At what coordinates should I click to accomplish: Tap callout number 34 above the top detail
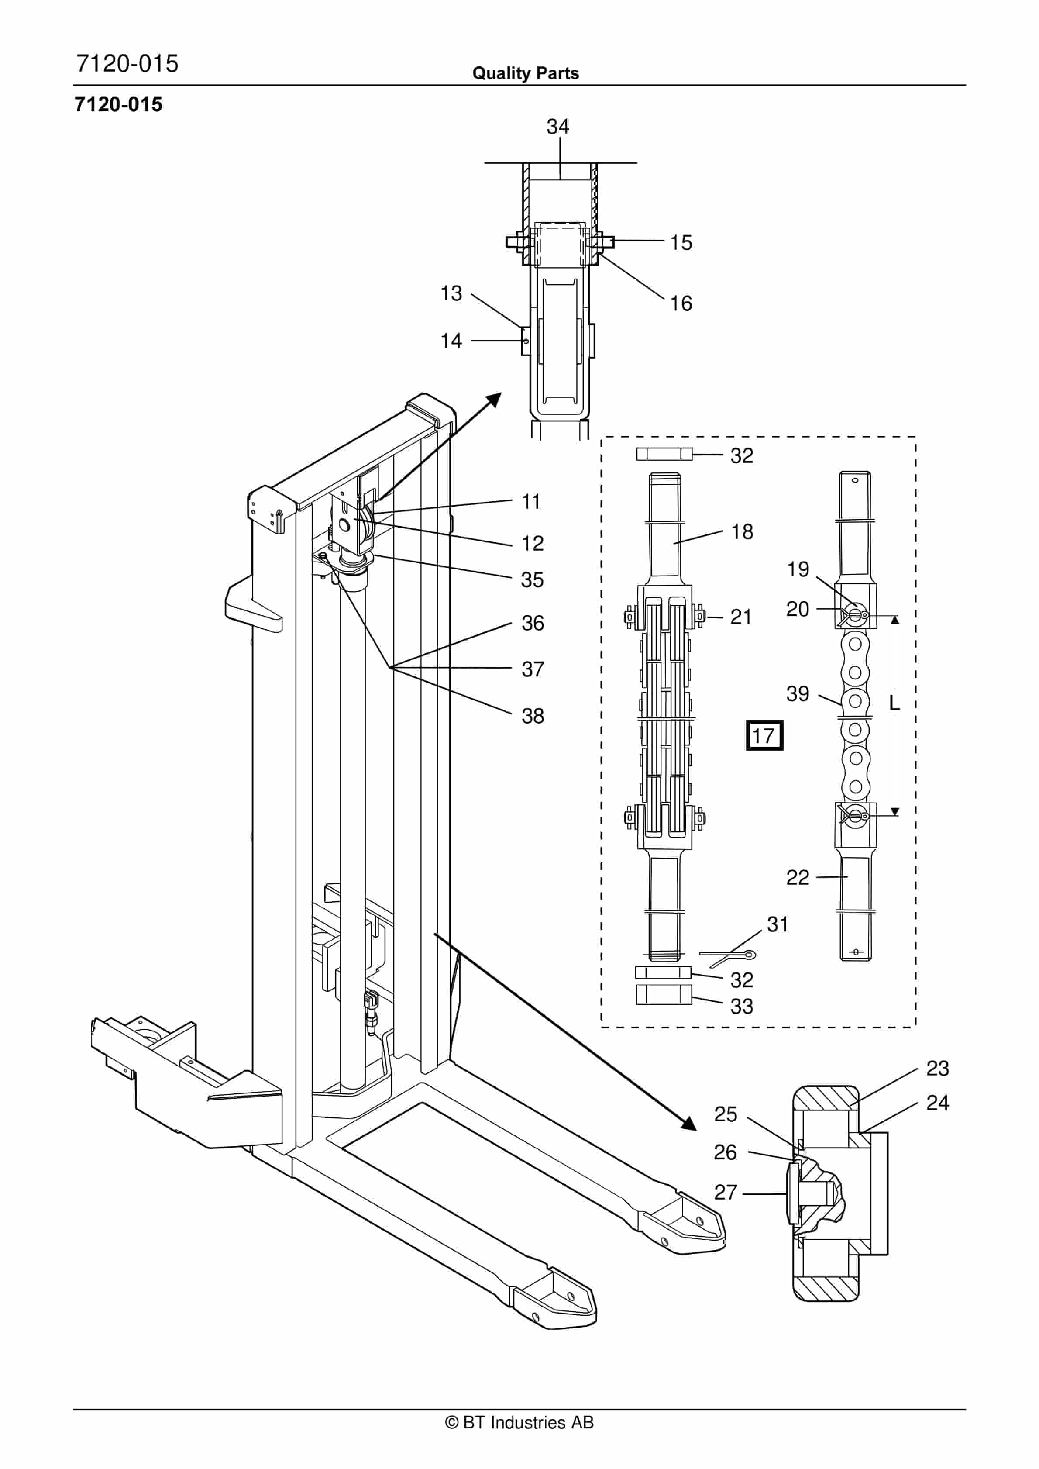[558, 127]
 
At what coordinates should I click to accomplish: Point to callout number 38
[532, 716]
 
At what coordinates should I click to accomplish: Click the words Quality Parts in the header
[525, 73]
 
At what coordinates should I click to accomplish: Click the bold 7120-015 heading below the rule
[118, 104]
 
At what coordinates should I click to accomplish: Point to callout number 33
[742, 1007]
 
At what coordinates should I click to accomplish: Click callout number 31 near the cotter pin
[778, 924]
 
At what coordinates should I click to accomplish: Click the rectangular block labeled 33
[664, 994]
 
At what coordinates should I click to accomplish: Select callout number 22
[797, 877]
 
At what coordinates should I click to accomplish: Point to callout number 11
[531, 502]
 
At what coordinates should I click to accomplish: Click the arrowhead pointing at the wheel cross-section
[688, 1124]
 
